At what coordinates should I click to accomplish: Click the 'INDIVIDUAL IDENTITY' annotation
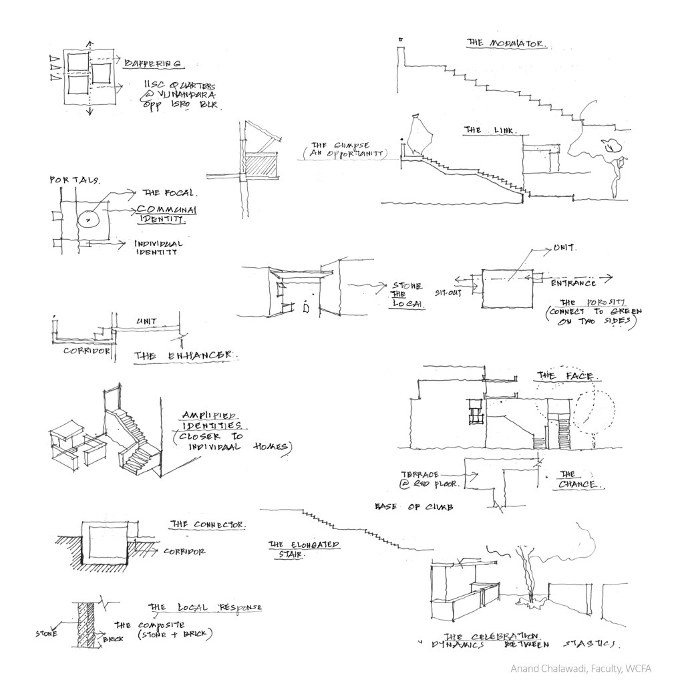pyautogui.click(x=158, y=248)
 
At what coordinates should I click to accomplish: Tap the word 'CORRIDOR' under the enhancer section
pyautogui.click(x=87, y=350)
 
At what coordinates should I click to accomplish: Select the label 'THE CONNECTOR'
pyautogui.click(x=207, y=524)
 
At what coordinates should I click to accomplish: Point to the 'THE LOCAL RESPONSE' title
pyautogui.click(x=205, y=608)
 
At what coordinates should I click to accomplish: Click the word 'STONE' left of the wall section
pyautogui.click(x=46, y=634)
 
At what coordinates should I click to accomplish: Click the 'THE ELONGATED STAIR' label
pyautogui.click(x=303, y=548)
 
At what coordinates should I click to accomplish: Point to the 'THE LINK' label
pyautogui.click(x=490, y=130)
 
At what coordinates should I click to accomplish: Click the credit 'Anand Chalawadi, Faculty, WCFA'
pyautogui.click(x=580, y=668)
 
